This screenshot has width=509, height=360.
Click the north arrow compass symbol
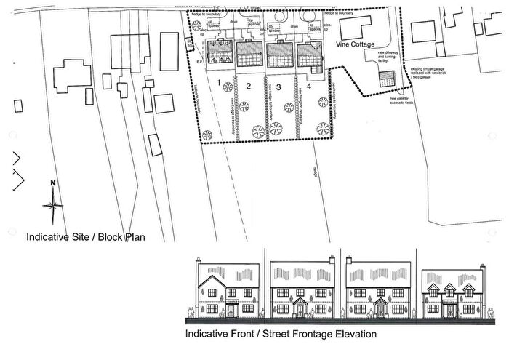53,205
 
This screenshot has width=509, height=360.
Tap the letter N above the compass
52,183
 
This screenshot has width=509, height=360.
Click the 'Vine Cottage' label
355,45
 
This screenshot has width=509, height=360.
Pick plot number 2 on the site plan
248,87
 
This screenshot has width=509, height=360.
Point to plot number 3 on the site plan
278,87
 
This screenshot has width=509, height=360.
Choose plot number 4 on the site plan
308,87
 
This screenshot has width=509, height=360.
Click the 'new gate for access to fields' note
404,101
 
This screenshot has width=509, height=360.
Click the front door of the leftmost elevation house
231,309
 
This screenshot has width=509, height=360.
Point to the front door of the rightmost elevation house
449,310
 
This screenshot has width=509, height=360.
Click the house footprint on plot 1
219,52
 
